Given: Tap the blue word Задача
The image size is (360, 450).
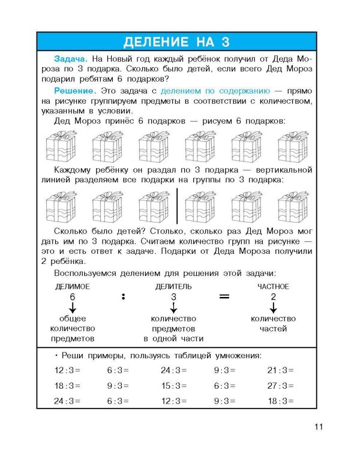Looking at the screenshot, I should click(70, 60).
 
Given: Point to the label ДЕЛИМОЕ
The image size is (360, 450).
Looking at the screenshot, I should click(72, 287).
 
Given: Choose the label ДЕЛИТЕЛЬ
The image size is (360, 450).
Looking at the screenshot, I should click(173, 287).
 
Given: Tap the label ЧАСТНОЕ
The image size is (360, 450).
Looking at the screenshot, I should click(273, 287).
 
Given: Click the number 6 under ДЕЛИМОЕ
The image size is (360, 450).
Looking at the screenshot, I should click(72, 297).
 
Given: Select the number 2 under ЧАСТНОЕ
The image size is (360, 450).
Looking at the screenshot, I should click(273, 297).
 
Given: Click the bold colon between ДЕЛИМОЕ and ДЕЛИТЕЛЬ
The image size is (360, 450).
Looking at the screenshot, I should click(122, 296).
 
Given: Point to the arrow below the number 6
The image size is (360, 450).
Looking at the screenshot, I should click(72, 308).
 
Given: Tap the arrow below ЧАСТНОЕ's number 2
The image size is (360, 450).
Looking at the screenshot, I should click(273, 308).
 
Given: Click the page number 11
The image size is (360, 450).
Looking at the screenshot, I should click(318, 427).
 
